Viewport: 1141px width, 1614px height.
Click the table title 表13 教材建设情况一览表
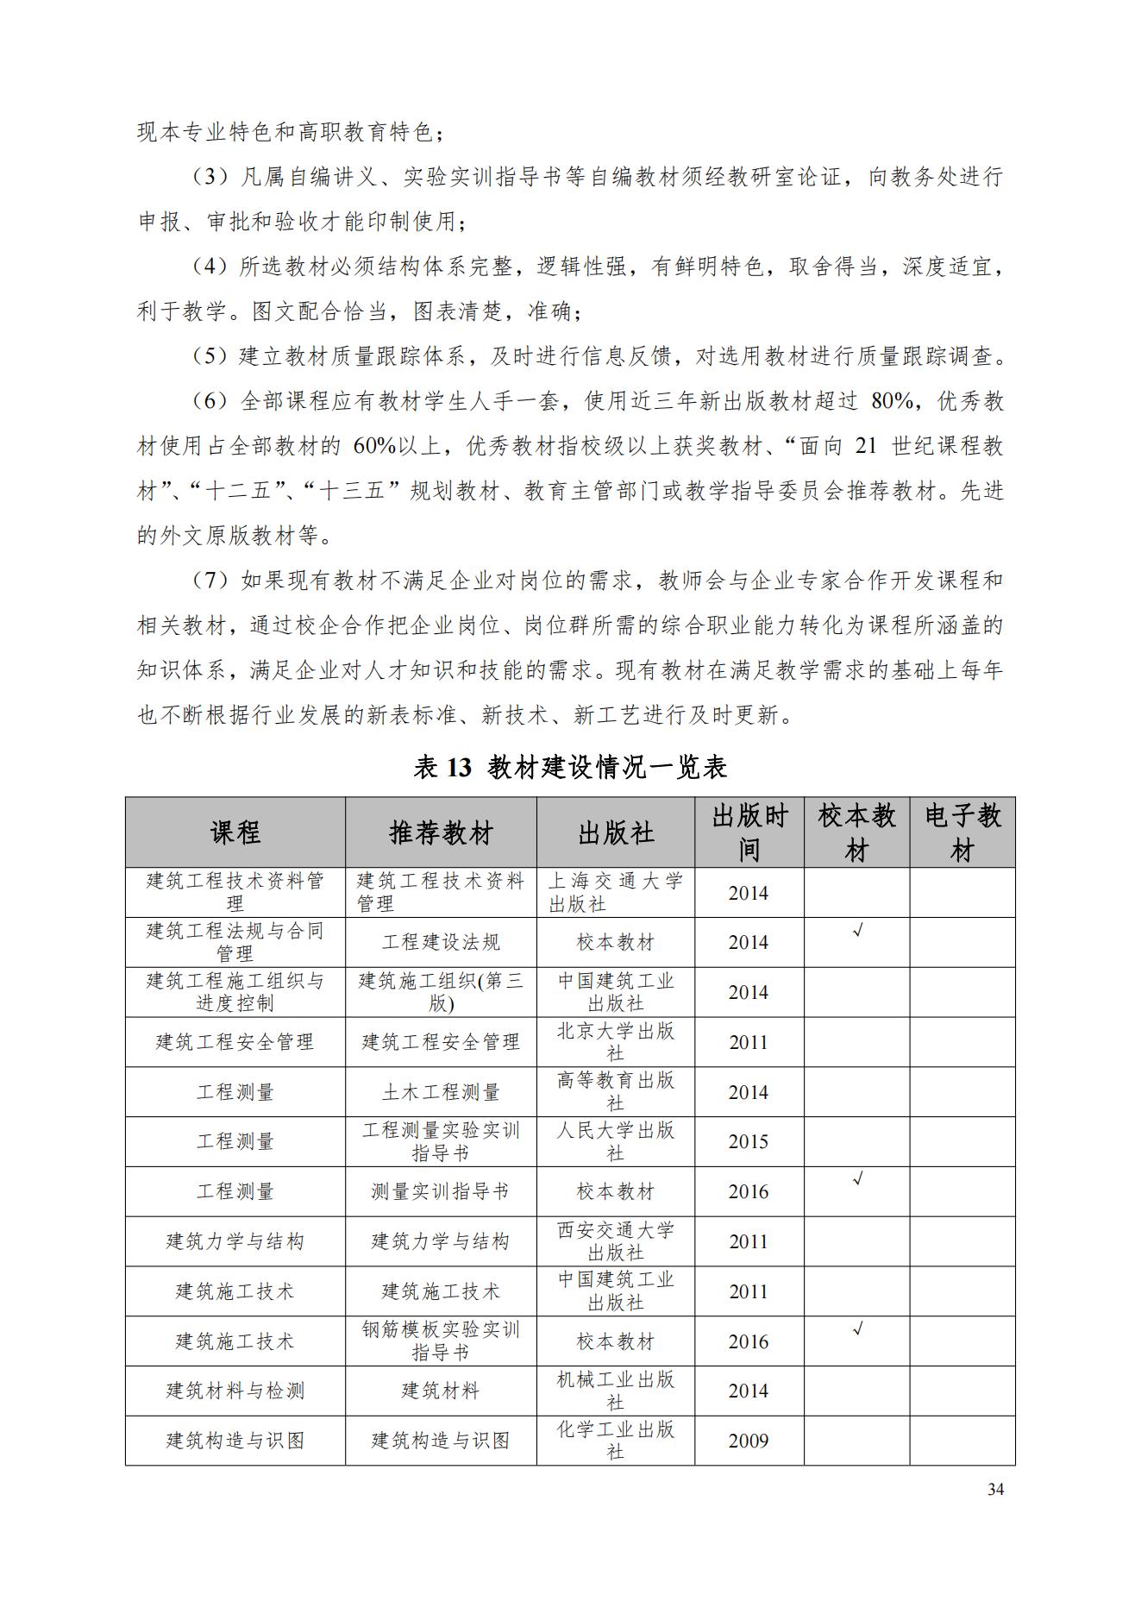coord(570,767)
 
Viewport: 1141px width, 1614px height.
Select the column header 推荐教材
coord(441,832)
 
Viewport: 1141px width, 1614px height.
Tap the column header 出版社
coord(615,832)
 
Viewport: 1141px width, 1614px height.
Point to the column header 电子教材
coord(962,832)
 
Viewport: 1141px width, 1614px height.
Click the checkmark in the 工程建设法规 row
coord(857,931)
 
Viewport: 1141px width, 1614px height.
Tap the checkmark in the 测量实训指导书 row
coord(857,1179)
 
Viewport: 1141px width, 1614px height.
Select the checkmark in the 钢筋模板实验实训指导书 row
coord(857,1329)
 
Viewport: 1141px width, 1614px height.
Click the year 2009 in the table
coord(748,1441)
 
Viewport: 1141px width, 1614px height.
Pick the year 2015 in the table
coord(748,1141)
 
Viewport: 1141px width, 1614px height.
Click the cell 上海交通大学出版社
coord(615,892)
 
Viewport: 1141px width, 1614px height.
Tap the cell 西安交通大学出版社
coord(615,1241)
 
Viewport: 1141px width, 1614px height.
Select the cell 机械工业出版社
coord(615,1391)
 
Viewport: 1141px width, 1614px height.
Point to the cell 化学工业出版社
coord(615,1441)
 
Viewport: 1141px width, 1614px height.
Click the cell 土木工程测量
coord(441,1092)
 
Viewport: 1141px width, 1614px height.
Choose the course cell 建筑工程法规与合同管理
coord(235,942)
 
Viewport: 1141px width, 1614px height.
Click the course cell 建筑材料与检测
coord(235,1391)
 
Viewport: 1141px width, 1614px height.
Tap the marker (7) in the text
coord(210,581)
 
